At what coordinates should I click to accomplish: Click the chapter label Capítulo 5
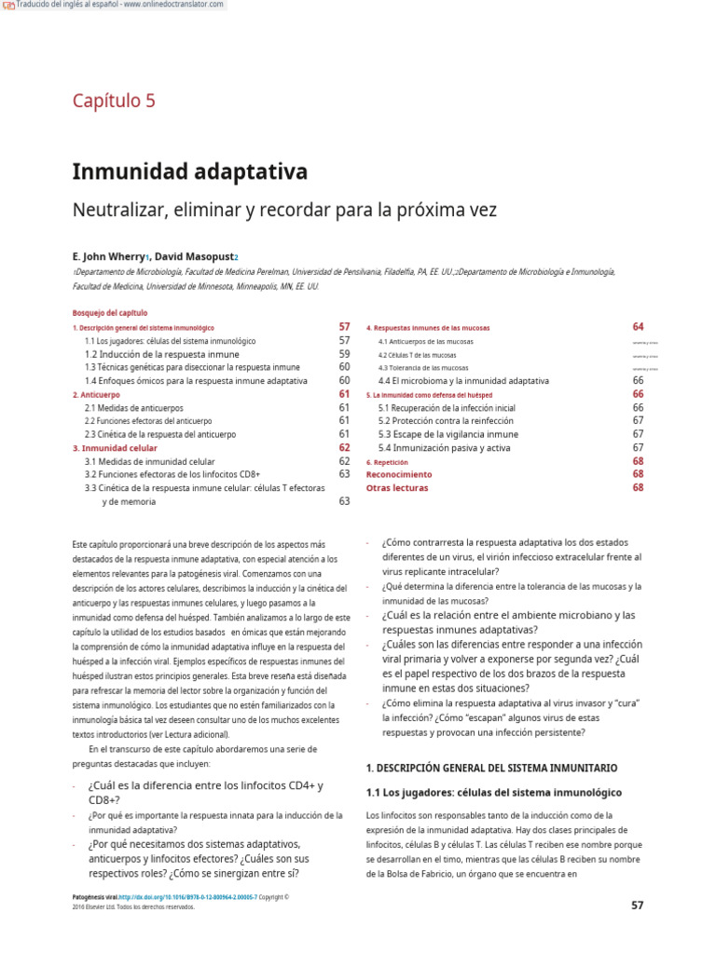pos(114,101)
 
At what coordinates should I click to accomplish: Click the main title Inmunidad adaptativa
pos(190,172)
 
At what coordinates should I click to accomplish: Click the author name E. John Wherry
pos(106,255)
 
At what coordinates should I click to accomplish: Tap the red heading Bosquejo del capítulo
pos(110,313)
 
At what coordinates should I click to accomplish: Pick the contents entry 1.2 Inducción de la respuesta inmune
pos(161,354)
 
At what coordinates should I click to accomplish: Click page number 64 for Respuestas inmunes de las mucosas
pos(638,327)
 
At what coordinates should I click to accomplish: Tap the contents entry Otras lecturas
pos(397,487)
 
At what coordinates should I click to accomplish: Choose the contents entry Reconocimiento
pos(399,474)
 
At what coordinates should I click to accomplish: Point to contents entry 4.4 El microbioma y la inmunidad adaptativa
pos(462,381)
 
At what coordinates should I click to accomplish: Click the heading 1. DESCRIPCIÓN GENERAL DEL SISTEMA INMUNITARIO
pos(491,768)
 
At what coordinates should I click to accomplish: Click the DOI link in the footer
pos(186,897)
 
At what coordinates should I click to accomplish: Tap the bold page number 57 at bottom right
pos(637,905)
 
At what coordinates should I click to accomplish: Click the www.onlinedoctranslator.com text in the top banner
pos(175,5)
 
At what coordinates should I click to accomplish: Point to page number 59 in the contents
pos(344,354)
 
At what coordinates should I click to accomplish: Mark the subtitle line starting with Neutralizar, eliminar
pos(284,211)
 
